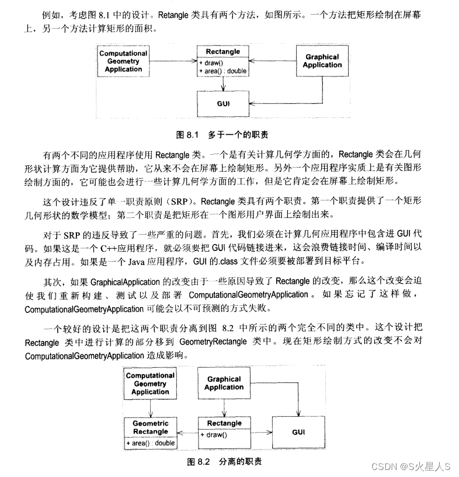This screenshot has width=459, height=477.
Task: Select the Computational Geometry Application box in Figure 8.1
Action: pos(123,61)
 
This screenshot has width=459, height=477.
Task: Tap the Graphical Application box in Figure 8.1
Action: pos(322,61)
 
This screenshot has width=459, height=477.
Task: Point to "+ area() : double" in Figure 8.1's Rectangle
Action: pos(223,71)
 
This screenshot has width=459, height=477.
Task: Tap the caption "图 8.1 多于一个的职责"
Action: pos(222,134)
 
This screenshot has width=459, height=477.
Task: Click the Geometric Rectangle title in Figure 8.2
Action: pos(150,427)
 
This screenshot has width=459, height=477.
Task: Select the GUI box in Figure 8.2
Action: pos(298,432)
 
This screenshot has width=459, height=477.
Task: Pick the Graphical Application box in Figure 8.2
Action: pos(224,383)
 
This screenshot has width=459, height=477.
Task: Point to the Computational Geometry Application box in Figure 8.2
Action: pos(150,384)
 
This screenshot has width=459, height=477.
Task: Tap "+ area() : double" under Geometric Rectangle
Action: pos(150,443)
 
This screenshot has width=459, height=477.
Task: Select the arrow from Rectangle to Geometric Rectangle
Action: pos(187,433)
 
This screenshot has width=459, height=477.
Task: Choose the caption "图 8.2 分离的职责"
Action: pos(224,462)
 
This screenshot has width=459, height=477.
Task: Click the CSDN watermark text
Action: pos(412,466)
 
